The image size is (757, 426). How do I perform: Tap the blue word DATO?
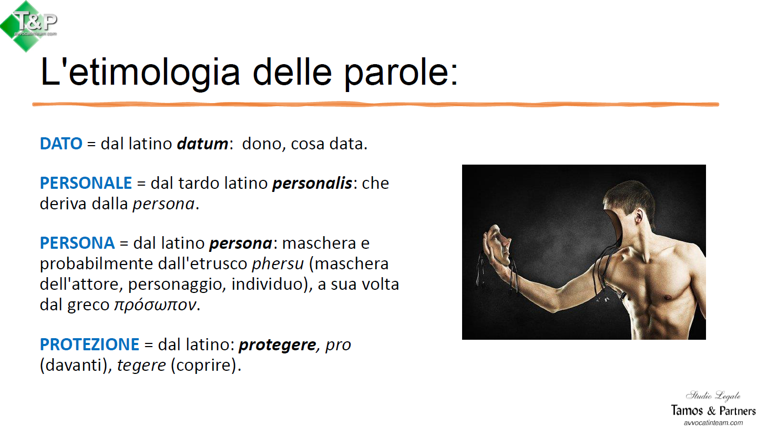click(61, 144)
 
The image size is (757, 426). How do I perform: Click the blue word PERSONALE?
click(86, 183)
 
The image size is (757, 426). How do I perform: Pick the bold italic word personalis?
click(313, 183)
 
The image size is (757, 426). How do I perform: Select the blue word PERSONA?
click(77, 243)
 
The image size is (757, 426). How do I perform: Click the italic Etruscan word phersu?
click(278, 263)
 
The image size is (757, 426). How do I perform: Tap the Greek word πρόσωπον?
click(156, 305)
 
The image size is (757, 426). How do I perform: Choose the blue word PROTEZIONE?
click(89, 344)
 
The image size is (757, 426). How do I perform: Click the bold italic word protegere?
click(278, 345)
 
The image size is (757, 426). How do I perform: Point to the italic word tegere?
click(141, 366)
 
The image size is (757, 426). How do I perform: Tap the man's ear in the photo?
click(639, 216)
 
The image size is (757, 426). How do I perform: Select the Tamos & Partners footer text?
click(713, 410)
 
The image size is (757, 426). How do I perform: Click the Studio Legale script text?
click(713, 395)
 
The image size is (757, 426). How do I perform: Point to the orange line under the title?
click(375, 105)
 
